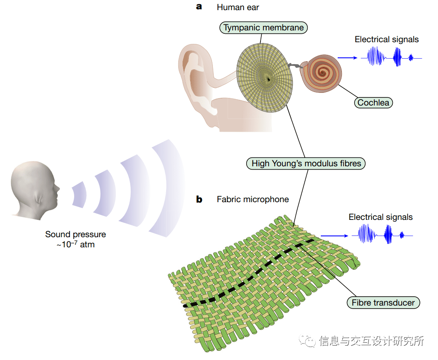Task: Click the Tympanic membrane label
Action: (x=263, y=28)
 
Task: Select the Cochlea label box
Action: (x=373, y=103)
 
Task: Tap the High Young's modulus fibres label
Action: (x=306, y=163)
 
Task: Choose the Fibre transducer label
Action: (x=383, y=302)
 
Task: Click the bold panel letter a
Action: (x=199, y=7)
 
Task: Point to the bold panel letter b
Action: (x=199, y=199)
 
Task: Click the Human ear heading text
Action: (x=238, y=7)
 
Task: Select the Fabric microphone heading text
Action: (x=253, y=199)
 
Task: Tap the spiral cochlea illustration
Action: (x=323, y=73)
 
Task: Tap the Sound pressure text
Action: (x=75, y=239)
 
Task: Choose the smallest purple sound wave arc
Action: (x=79, y=195)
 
